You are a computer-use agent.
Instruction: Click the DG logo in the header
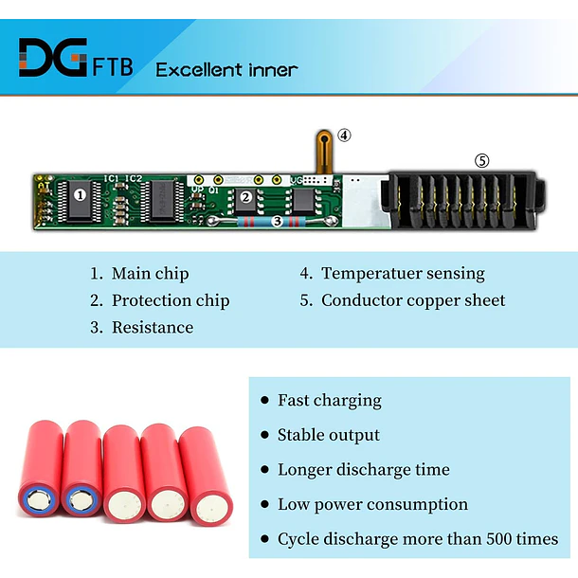pyautogui.click(x=53, y=57)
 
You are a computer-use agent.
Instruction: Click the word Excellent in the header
pyautogui.click(x=199, y=70)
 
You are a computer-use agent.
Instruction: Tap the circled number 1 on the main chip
pyautogui.click(x=80, y=194)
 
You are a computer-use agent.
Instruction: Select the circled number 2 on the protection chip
pyautogui.click(x=245, y=197)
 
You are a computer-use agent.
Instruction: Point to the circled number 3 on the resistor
pyautogui.click(x=278, y=221)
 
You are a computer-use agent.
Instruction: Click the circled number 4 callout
pyautogui.click(x=344, y=135)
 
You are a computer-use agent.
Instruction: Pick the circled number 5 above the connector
pyautogui.click(x=481, y=161)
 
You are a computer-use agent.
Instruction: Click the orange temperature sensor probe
pyautogui.click(x=324, y=152)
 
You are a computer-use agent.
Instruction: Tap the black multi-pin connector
pyautogui.click(x=463, y=201)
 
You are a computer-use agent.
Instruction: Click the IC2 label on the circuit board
pyautogui.click(x=134, y=179)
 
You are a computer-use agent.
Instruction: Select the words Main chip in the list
pyautogui.click(x=150, y=274)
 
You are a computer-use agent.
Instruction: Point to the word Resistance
pyautogui.click(x=153, y=327)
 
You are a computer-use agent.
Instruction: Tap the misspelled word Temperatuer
pyautogui.click(x=371, y=274)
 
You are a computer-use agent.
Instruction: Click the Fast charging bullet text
pyautogui.click(x=330, y=401)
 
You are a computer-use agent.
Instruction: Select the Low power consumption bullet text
pyautogui.click(x=372, y=505)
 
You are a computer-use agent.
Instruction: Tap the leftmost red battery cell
pyautogui.click(x=40, y=468)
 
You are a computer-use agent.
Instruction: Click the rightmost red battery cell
pyautogui.click(x=207, y=475)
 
